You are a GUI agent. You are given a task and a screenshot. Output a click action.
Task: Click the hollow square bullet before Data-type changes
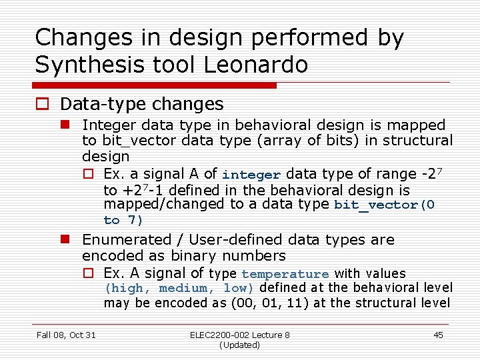click(43, 105)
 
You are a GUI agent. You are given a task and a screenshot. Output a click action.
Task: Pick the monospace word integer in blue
click(251, 175)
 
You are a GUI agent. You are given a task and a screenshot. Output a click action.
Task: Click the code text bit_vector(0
click(384, 205)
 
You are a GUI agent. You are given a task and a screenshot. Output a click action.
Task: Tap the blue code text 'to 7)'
click(123, 220)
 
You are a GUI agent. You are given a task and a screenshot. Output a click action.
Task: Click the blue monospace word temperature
click(285, 274)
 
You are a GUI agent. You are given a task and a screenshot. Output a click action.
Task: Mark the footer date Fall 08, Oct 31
click(66, 335)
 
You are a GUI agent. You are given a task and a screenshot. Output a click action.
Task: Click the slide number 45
click(438, 335)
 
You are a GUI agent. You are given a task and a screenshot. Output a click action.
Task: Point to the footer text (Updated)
click(239, 345)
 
